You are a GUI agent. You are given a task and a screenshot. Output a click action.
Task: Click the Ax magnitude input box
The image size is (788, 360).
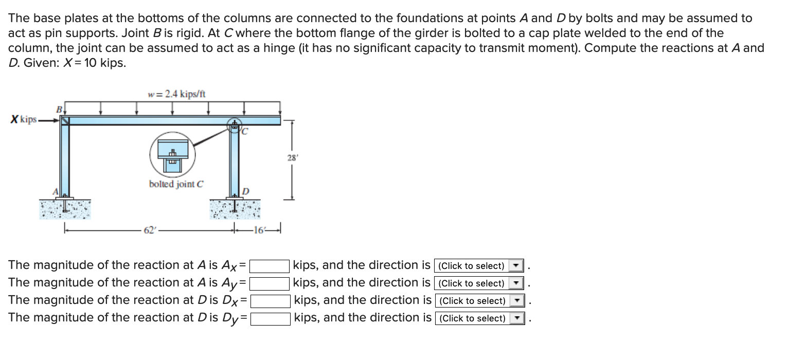coord(270,266)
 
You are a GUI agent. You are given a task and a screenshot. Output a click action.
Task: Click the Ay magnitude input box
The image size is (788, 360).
coord(270,283)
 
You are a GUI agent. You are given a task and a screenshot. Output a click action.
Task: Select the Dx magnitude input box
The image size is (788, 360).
coord(270,301)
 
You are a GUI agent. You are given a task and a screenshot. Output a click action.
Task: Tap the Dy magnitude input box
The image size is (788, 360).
coord(270,318)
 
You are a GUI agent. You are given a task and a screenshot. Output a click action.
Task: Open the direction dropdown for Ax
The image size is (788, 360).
coord(479,266)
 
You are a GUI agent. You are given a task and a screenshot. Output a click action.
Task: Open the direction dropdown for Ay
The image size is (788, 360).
coord(479,283)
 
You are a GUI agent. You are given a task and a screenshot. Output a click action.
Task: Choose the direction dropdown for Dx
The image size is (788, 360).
coord(479,301)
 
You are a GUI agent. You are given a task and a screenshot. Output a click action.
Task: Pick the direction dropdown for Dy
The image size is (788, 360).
coord(479,318)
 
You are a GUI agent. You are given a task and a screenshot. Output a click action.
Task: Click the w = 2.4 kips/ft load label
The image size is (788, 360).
coord(176,94)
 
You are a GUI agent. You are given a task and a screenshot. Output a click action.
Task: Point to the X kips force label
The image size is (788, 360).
coord(24,120)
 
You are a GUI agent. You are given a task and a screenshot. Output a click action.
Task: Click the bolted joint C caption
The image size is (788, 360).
coord(176,184)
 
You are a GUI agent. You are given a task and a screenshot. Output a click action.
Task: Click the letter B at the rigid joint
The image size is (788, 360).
coord(59,110)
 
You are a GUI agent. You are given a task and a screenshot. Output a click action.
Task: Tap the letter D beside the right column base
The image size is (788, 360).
coord(245,191)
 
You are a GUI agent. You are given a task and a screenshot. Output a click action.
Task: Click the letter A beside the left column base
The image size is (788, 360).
coord(58,191)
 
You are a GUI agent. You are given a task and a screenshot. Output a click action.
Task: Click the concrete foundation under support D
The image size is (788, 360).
coord(235,210)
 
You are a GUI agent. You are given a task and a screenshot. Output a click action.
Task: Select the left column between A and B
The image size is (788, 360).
coord(65,159)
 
